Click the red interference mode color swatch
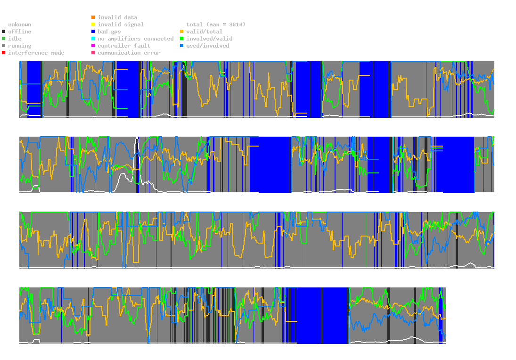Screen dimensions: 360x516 [x=4, y=53]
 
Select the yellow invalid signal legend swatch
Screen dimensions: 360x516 [x=93, y=25]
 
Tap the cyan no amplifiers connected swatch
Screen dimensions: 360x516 [x=93, y=39]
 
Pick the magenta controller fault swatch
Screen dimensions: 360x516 [x=93, y=46]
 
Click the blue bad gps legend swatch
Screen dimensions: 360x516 [x=93, y=32]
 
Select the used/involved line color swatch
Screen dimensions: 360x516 [x=182, y=46]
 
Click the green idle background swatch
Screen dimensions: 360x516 [x=4, y=39]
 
